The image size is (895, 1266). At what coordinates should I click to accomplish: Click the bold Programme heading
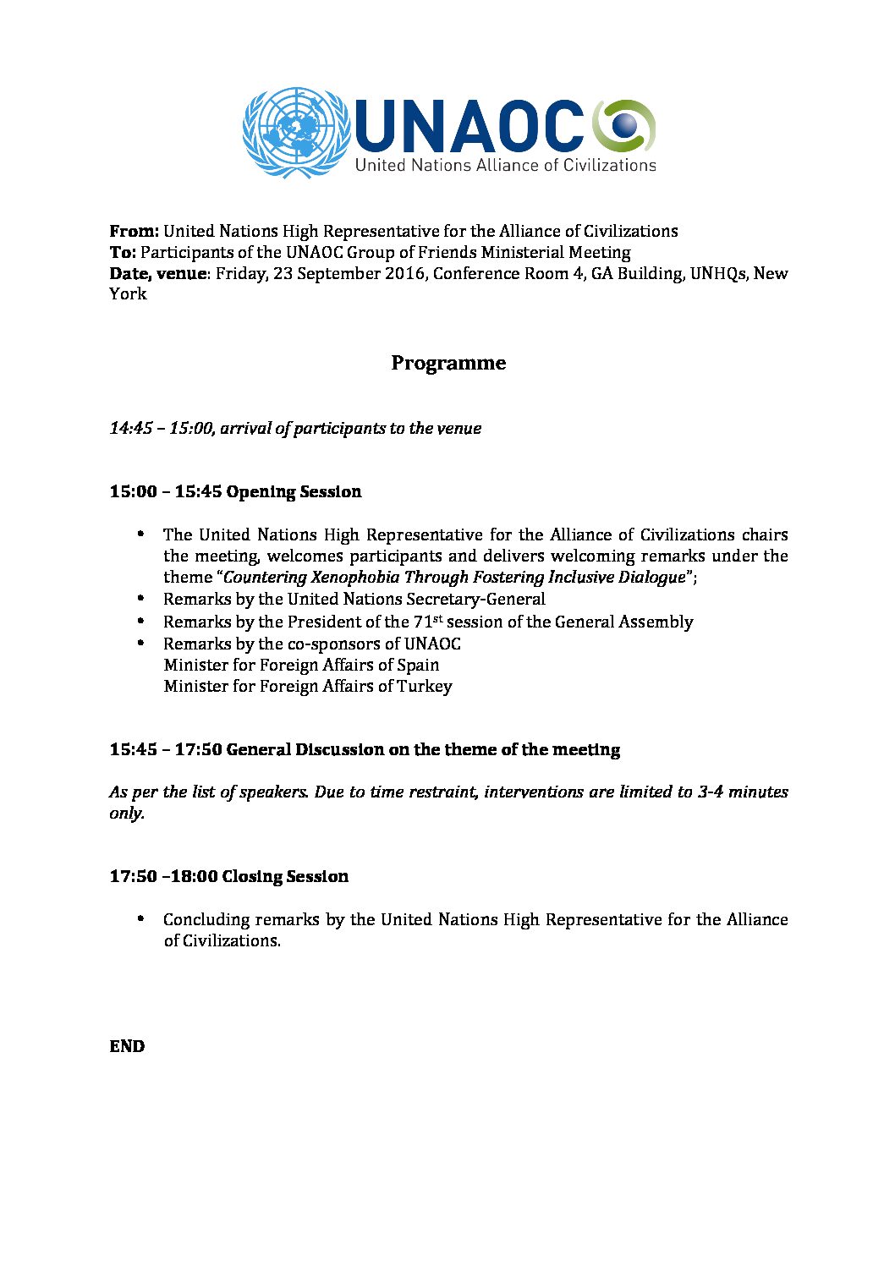[x=448, y=363]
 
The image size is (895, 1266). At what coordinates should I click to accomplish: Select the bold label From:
[x=134, y=231]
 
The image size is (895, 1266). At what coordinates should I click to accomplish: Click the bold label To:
[x=123, y=252]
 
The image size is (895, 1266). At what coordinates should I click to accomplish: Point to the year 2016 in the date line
[x=403, y=273]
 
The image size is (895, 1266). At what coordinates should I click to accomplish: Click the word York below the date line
[x=128, y=294]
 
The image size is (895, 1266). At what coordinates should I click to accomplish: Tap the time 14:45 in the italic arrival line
[x=131, y=428]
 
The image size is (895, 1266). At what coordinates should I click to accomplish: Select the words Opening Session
[x=294, y=491]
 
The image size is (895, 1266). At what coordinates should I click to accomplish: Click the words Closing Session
[x=285, y=876]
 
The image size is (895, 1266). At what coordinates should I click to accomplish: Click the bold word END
[x=127, y=1046]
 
